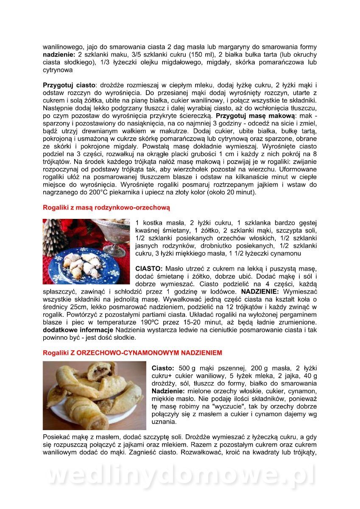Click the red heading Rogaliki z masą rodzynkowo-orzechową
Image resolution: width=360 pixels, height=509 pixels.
106,208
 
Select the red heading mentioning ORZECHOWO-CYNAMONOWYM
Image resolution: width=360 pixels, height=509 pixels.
132,353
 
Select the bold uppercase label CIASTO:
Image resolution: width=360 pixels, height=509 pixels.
149,268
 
